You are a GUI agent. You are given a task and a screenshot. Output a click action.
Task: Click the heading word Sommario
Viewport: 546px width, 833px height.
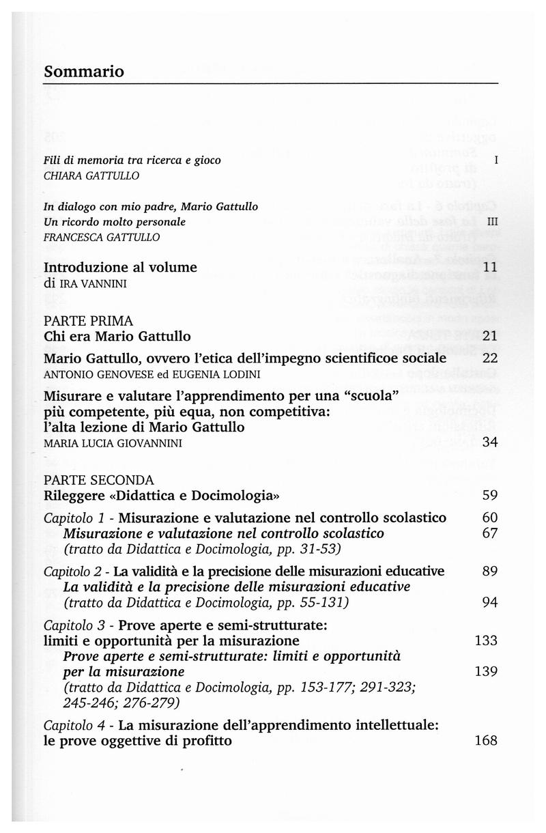[x=84, y=71]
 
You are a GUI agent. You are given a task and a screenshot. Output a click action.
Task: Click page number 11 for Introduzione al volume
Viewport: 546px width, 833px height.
[x=490, y=268]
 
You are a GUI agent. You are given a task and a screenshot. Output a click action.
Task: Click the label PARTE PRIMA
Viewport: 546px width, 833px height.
[x=89, y=320]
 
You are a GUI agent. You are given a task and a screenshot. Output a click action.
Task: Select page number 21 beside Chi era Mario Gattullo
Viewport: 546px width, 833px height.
[x=490, y=335]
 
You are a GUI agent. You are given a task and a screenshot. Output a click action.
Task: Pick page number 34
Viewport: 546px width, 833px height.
[x=490, y=442]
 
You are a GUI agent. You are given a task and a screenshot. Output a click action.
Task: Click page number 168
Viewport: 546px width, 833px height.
[x=486, y=741]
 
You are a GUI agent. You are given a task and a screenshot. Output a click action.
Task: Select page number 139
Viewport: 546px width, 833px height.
[x=486, y=671]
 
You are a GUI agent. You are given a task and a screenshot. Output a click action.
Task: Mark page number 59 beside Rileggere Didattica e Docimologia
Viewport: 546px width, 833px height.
[x=490, y=495]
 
